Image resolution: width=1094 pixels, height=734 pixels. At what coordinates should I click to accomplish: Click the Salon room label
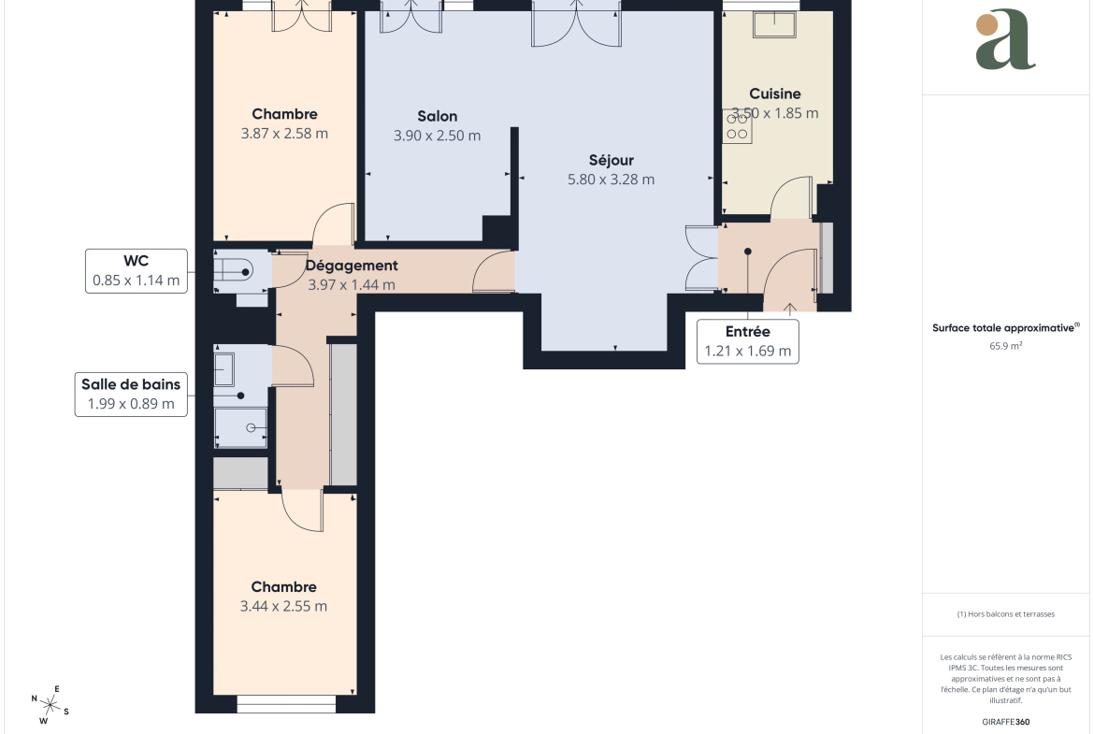438,116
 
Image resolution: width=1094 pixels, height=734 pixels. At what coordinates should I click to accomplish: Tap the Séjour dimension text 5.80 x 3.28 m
612,180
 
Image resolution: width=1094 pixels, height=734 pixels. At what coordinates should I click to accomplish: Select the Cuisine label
775,94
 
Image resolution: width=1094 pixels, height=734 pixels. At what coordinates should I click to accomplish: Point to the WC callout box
137,271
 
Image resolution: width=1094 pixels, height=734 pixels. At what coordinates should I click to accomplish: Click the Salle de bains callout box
131,395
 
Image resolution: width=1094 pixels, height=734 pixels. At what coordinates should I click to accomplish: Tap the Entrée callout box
748,342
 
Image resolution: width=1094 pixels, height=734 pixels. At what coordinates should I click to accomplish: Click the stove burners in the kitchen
738,126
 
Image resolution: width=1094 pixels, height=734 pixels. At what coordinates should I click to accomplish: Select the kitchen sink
774,23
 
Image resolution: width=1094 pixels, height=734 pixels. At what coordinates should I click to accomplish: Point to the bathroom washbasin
224,369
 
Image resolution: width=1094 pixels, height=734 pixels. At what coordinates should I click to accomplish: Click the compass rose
50,704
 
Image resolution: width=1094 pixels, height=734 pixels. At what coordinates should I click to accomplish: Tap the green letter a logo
1005,40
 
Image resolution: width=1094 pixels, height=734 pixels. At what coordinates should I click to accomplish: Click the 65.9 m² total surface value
1005,346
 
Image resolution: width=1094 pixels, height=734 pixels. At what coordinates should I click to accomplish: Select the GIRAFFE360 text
1005,722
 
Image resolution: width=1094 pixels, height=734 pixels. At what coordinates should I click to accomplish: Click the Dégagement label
352,266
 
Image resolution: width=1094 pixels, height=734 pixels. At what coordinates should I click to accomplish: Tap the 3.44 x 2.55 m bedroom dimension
283,606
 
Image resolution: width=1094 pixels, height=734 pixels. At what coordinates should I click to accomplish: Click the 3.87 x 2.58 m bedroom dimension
284,134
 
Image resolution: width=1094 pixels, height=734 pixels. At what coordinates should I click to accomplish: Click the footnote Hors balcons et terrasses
1005,614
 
